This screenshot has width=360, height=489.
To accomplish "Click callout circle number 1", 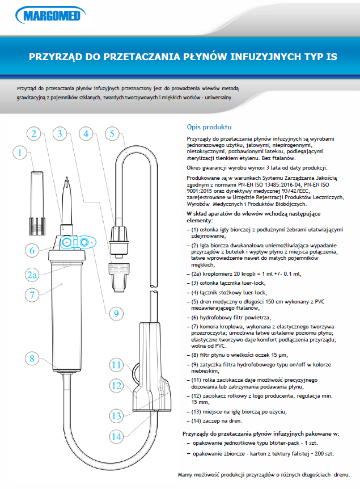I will (20, 153).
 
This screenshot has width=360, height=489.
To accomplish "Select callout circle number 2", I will (34, 134).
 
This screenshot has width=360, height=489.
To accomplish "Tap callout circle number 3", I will (60, 134).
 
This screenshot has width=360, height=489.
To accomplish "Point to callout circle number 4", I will (86, 134).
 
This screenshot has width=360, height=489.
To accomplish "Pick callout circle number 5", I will (112, 134).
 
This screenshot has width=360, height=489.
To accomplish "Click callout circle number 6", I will (33, 249).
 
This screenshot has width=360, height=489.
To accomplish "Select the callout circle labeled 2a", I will (33, 275).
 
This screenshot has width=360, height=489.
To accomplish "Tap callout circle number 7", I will (33, 294).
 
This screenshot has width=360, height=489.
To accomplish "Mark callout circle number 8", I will (33, 358).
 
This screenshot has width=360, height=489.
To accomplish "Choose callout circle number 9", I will (116, 313).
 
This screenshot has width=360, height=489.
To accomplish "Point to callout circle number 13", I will (116, 415).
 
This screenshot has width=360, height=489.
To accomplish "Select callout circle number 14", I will (116, 436).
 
